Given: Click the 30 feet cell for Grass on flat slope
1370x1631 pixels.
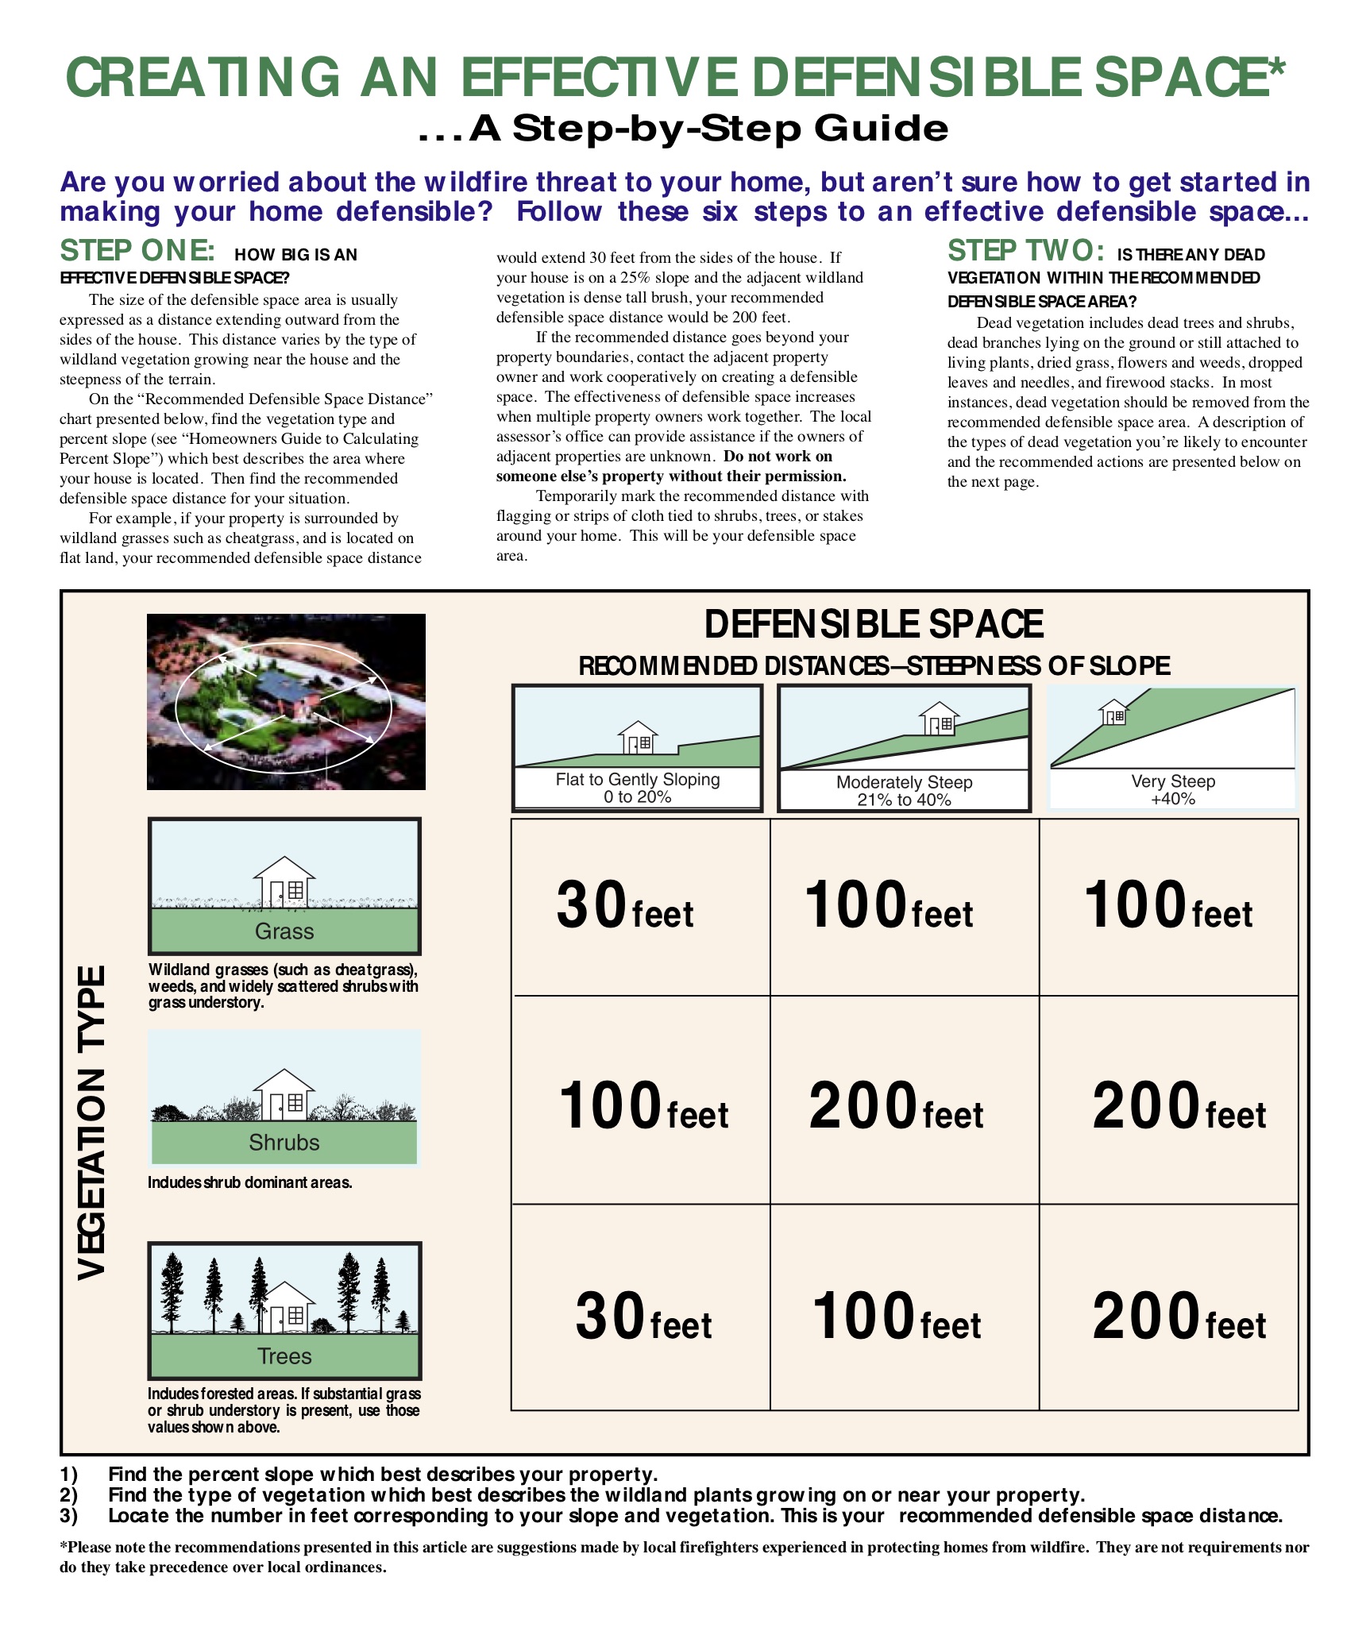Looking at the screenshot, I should tap(625, 906).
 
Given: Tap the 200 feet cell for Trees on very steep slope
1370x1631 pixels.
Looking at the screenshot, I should tap(1179, 1317).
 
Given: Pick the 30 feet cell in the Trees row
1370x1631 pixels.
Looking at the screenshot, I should tap(643, 1317).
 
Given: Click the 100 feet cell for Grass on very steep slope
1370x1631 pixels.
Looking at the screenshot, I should tap(1168, 906).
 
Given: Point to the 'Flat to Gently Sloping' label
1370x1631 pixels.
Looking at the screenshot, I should tap(638, 780).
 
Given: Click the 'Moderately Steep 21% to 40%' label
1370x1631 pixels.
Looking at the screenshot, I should tap(904, 791).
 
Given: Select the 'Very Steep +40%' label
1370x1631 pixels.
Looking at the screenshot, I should tap(1173, 789).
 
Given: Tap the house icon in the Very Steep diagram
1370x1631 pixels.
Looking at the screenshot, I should tap(1114, 712).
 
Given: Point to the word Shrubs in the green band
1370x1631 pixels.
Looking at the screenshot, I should tap(284, 1143).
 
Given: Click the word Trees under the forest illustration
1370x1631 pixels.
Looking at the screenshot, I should tap(284, 1356).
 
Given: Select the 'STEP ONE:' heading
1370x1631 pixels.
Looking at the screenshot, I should tap(137, 251).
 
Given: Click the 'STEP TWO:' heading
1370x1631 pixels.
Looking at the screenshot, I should tap(1025, 251).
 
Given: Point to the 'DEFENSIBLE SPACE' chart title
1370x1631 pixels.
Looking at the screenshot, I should tap(874, 624).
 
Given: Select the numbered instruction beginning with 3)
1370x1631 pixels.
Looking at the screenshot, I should tap(671, 1516).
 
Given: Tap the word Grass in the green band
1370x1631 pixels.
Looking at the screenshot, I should tap(284, 931).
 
